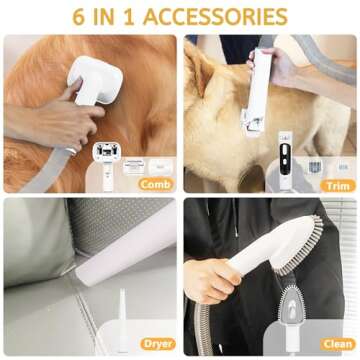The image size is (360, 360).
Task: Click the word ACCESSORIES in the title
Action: [216, 16]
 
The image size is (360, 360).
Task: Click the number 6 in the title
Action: [78, 16]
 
